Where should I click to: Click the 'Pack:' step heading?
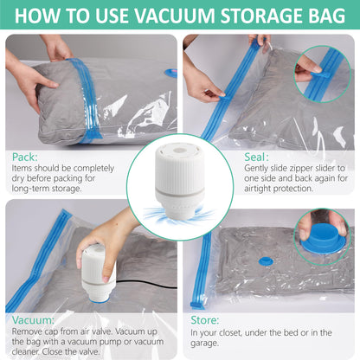coord(26,157)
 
